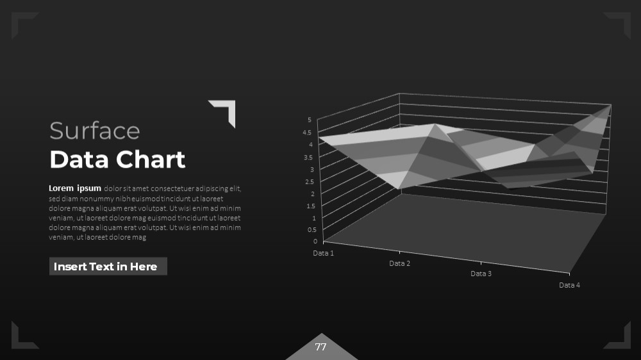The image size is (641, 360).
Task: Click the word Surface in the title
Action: pyautogui.click(x=94, y=131)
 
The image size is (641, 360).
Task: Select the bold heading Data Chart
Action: pyautogui.click(x=117, y=160)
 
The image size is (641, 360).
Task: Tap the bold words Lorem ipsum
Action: pyautogui.click(x=75, y=188)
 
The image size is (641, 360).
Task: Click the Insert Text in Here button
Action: pyautogui.click(x=108, y=266)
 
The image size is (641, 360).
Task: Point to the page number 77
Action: pyautogui.click(x=321, y=347)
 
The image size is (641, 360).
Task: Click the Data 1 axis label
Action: pyautogui.click(x=323, y=253)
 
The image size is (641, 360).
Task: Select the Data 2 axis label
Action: pyautogui.click(x=399, y=263)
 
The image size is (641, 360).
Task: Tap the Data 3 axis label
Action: pyautogui.click(x=481, y=274)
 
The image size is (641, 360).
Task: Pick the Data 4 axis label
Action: pyautogui.click(x=569, y=285)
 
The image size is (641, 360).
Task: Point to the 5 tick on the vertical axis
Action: pyautogui.click(x=310, y=120)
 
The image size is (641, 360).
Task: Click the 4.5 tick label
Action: pyautogui.click(x=307, y=133)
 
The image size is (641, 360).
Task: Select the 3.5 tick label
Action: pyautogui.click(x=308, y=158)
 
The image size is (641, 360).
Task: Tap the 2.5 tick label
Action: pyautogui.click(x=310, y=182)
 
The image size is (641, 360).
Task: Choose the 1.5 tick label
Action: pyautogui.click(x=311, y=206)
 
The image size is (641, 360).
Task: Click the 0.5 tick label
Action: pyautogui.click(x=312, y=230)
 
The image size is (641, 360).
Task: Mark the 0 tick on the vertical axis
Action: pyautogui.click(x=315, y=241)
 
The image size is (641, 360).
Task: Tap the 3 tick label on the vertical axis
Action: pyautogui.click(x=312, y=170)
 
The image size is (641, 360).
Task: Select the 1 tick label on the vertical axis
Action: pyautogui.click(x=314, y=218)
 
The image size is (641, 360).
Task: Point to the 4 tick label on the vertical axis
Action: pyautogui.click(x=311, y=144)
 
